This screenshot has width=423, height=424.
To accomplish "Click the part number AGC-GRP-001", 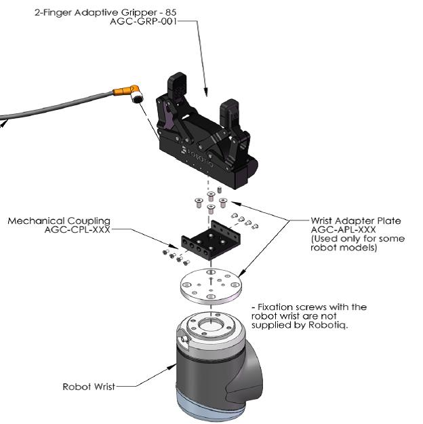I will click(141, 21).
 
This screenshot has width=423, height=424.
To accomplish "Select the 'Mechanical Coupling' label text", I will click(58, 220).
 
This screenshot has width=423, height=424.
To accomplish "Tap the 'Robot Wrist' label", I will click(88, 387).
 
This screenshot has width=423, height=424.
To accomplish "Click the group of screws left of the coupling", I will click(175, 256).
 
